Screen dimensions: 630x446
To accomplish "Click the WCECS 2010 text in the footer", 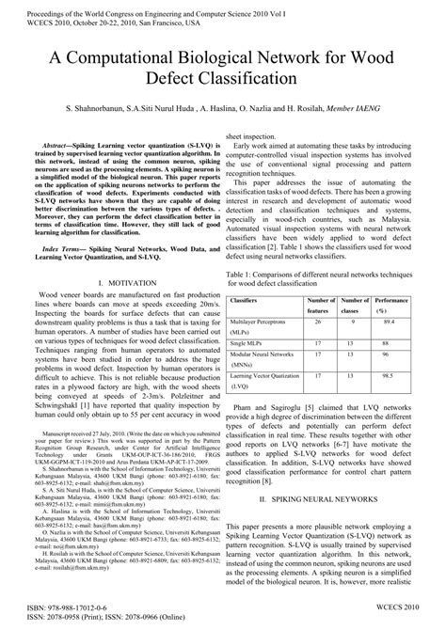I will pos(408,609).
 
